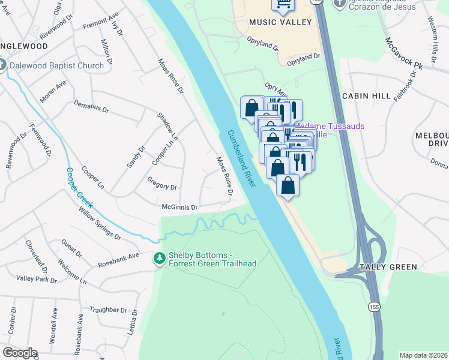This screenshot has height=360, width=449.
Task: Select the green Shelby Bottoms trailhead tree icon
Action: [x=159, y=259]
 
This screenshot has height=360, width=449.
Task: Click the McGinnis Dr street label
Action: [x=179, y=207]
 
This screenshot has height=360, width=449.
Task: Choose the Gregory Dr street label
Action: [x=162, y=182]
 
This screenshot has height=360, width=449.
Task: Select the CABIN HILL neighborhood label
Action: [x=366, y=96]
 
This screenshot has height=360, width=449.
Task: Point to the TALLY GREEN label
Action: [x=384, y=266]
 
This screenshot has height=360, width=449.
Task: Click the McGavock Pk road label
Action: [x=404, y=53]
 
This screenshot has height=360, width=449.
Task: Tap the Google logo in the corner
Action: [x=20, y=353]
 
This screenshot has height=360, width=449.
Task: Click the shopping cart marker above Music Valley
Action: [x=283, y=5]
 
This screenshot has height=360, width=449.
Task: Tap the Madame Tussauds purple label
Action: [x=336, y=130]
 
